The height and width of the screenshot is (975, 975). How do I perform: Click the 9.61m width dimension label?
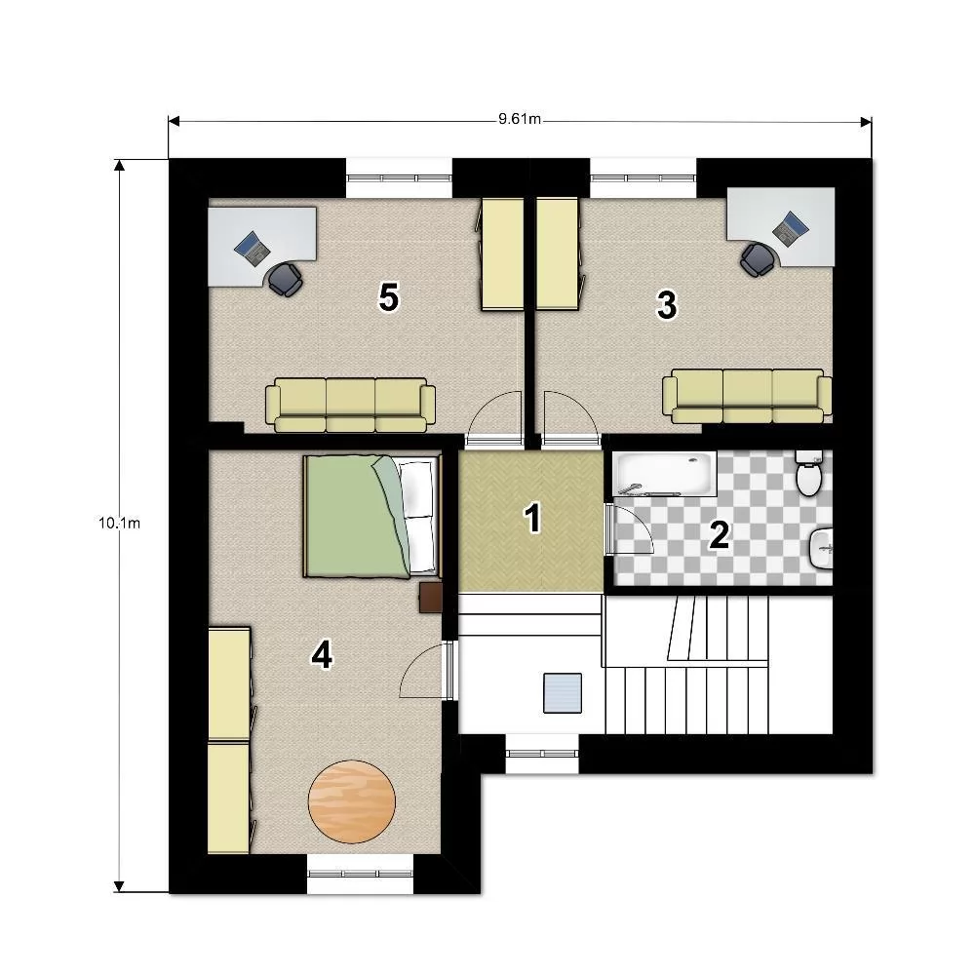[x=520, y=119]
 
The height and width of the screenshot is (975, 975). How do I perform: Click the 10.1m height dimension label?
[x=119, y=523]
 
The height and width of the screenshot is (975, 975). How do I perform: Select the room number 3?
[x=667, y=304]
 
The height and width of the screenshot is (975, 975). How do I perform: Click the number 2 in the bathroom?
[x=720, y=534]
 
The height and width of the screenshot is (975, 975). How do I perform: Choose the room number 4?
[x=322, y=655]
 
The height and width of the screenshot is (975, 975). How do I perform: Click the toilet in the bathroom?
[x=809, y=473]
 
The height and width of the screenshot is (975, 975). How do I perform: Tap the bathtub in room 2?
[x=664, y=474]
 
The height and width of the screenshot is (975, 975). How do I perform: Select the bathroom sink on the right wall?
[x=821, y=548]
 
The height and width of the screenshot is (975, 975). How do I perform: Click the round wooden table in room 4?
[x=352, y=801]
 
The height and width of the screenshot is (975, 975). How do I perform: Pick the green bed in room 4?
[x=371, y=517]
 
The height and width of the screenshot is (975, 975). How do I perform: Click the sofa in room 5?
[x=351, y=405]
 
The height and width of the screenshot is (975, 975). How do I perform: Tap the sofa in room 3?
[x=748, y=396]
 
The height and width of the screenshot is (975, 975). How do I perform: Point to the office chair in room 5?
[x=286, y=279]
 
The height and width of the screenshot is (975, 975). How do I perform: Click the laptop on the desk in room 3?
[x=791, y=228]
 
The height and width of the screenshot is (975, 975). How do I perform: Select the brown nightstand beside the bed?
[x=430, y=598]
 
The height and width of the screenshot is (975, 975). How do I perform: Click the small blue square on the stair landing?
[x=563, y=692]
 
